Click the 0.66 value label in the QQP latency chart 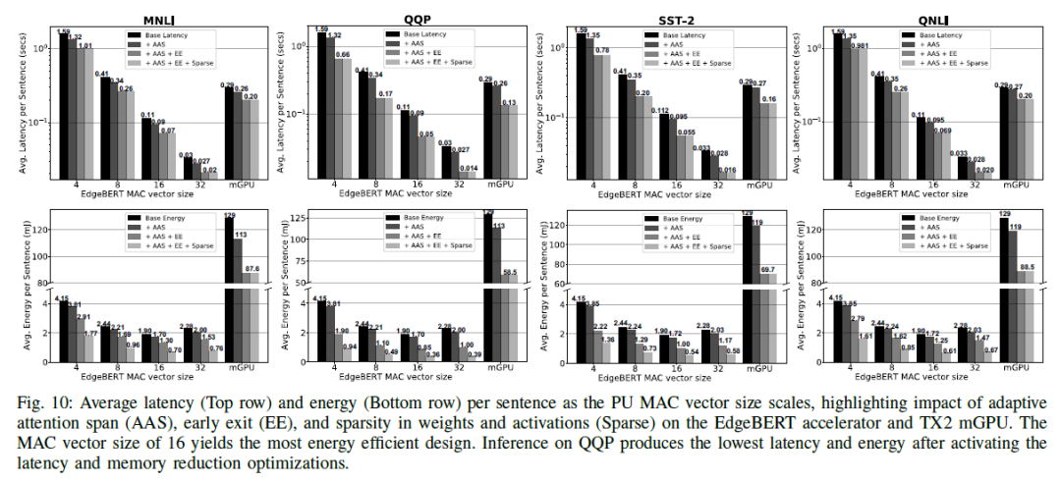pyautogui.click(x=344, y=54)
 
